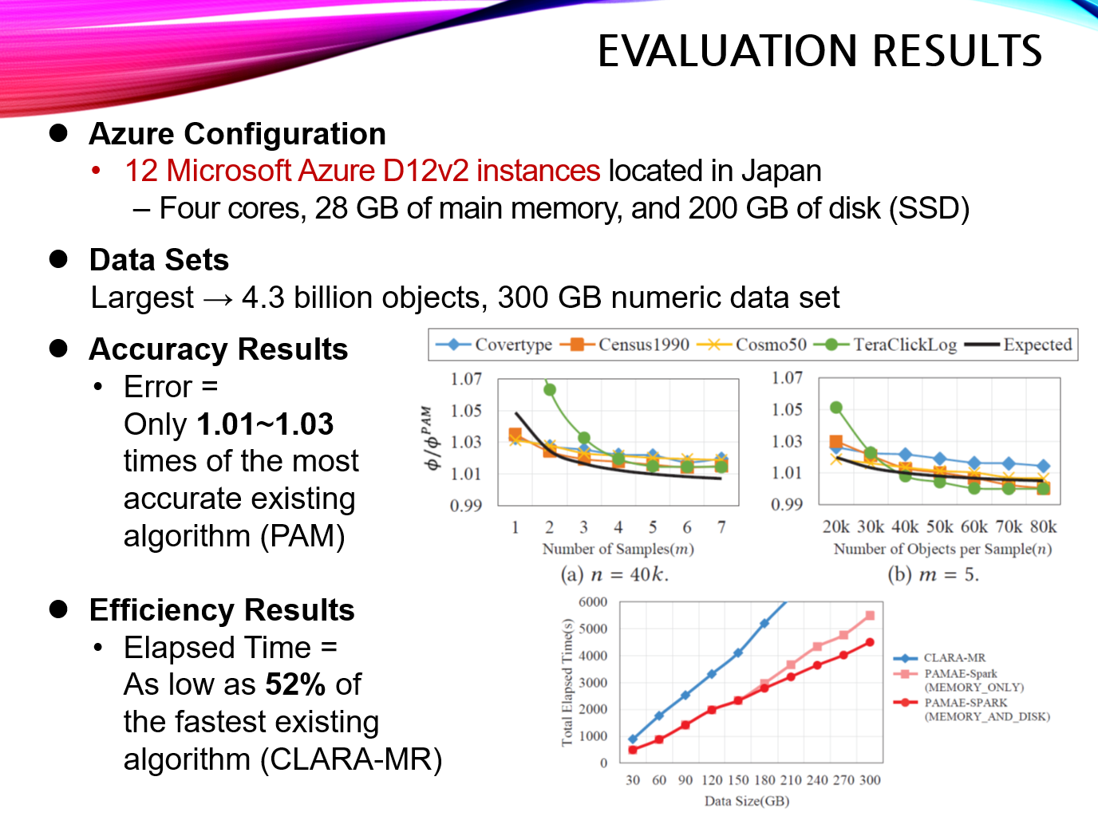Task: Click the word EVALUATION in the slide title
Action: coord(729,51)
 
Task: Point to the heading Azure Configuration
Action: coord(238,134)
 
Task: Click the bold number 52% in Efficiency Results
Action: coord(295,684)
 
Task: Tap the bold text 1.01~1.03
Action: coord(265,424)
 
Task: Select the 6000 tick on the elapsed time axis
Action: coord(593,601)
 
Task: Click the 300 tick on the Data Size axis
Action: coord(870,780)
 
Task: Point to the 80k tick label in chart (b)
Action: coord(1043,526)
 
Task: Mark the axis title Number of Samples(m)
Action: coord(618,549)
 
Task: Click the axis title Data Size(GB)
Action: coord(746,801)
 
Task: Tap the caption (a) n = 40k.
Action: coord(614,574)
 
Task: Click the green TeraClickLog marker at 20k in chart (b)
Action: coord(836,408)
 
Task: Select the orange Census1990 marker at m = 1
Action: coord(515,434)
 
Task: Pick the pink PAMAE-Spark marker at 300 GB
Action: coord(870,615)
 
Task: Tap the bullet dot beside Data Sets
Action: coord(58,258)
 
